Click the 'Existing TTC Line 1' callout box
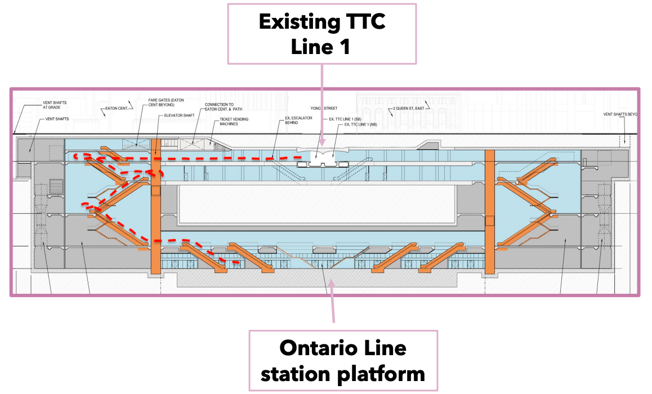(321, 33)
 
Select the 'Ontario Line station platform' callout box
(342, 360)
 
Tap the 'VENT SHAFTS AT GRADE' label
(55, 105)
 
